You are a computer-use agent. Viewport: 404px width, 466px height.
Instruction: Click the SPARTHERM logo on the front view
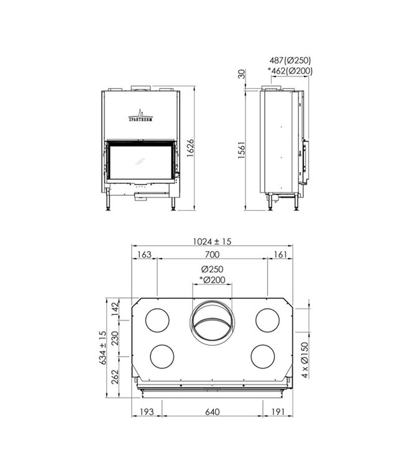click(140, 116)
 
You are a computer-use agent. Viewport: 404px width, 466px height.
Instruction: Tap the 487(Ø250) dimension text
click(290, 61)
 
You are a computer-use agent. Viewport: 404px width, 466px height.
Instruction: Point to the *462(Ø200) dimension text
click(290, 71)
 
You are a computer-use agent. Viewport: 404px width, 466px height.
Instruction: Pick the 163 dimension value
click(144, 255)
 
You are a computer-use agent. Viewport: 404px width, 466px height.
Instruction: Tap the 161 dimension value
click(280, 255)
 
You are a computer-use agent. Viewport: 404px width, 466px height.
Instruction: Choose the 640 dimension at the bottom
click(212, 412)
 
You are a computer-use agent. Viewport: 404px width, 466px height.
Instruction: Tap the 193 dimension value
click(146, 412)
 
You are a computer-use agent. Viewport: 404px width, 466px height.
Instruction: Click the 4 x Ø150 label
click(304, 360)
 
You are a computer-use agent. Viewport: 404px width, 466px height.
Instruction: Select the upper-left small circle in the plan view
click(157, 319)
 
